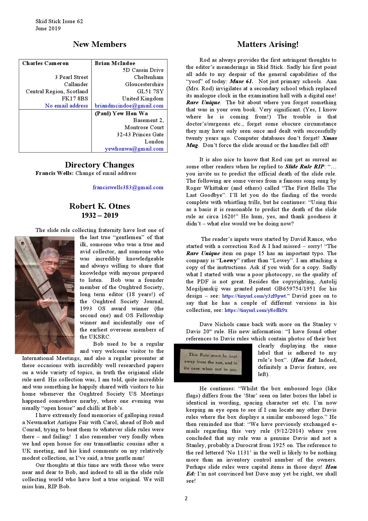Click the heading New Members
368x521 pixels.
pos(99,44)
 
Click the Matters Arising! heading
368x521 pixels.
pos(268,44)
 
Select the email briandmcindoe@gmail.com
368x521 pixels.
pos(129,106)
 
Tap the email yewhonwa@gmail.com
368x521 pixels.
pos(134,149)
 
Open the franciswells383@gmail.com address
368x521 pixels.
pos(128,187)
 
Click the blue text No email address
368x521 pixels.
pos(66,106)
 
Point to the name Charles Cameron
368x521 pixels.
pos(45,63)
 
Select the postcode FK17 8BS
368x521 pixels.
pos(75,99)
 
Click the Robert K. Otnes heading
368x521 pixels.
pos(99,206)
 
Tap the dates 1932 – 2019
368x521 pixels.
pos(99,215)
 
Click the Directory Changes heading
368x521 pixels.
pos(99,165)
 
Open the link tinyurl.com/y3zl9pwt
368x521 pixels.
pos(254,296)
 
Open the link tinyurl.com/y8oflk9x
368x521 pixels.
pos(256,310)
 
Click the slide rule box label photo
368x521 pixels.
pos(212,363)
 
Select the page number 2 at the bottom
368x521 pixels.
pos(186,498)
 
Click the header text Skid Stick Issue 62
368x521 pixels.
pos(59,21)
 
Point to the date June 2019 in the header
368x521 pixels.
pos(48,29)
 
